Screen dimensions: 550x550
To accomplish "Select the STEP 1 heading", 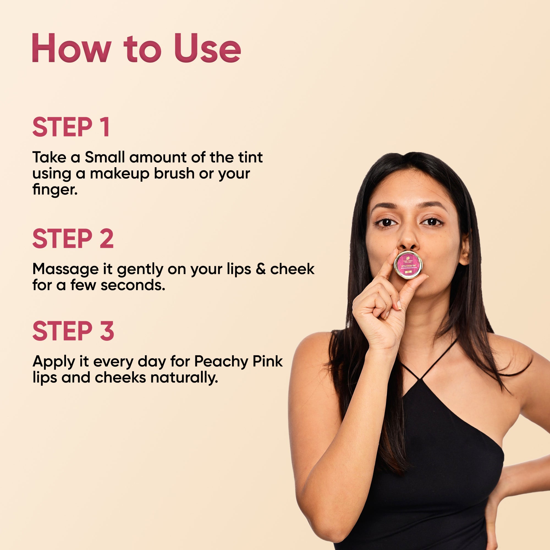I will [x=71, y=127].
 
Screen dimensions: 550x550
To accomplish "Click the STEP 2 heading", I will [x=73, y=239].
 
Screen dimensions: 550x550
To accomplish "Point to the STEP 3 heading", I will [x=73, y=331].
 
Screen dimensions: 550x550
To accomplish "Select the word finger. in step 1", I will [x=55, y=189].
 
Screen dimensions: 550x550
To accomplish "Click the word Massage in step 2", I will [x=65, y=269].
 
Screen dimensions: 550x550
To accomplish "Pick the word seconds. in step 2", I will [x=133, y=285].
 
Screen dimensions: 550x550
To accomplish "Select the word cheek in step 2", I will [x=292, y=269].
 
